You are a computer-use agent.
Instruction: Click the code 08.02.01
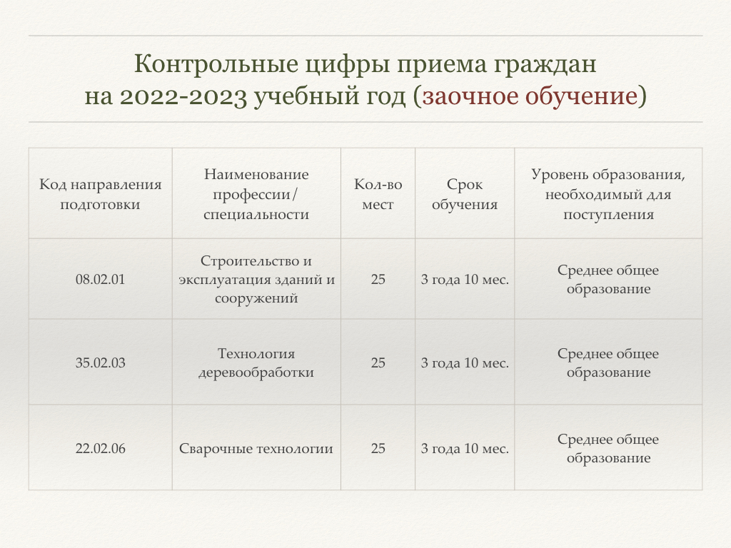[100, 279]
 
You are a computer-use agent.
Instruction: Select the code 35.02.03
[100, 362]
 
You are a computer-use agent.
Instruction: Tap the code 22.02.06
[100, 448]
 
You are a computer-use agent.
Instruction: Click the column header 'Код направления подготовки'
[100, 194]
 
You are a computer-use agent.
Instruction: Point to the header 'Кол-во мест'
[378, 194]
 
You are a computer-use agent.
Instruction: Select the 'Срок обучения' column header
[465, 194]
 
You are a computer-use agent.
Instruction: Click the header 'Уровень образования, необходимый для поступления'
[608, 194]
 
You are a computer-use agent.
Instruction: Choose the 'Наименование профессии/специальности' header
[256, 194]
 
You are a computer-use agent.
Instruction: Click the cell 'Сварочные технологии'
[256, 448]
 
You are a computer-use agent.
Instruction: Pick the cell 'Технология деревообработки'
[256, 362]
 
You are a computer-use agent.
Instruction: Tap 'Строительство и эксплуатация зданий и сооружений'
[256, 279]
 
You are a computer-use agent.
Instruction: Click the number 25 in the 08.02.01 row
[378, 279]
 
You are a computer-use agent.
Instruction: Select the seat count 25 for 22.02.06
[378, 448]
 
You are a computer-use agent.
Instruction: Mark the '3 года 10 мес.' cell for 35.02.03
[465, 362]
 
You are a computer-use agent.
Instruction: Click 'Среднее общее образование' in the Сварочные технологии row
[608, 448]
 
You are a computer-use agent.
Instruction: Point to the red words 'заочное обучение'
[530, 96]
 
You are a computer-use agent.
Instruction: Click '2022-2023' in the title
[183, 97]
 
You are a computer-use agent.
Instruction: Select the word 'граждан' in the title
[545, 65]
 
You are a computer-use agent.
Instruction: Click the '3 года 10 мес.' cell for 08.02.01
[465, 279]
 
